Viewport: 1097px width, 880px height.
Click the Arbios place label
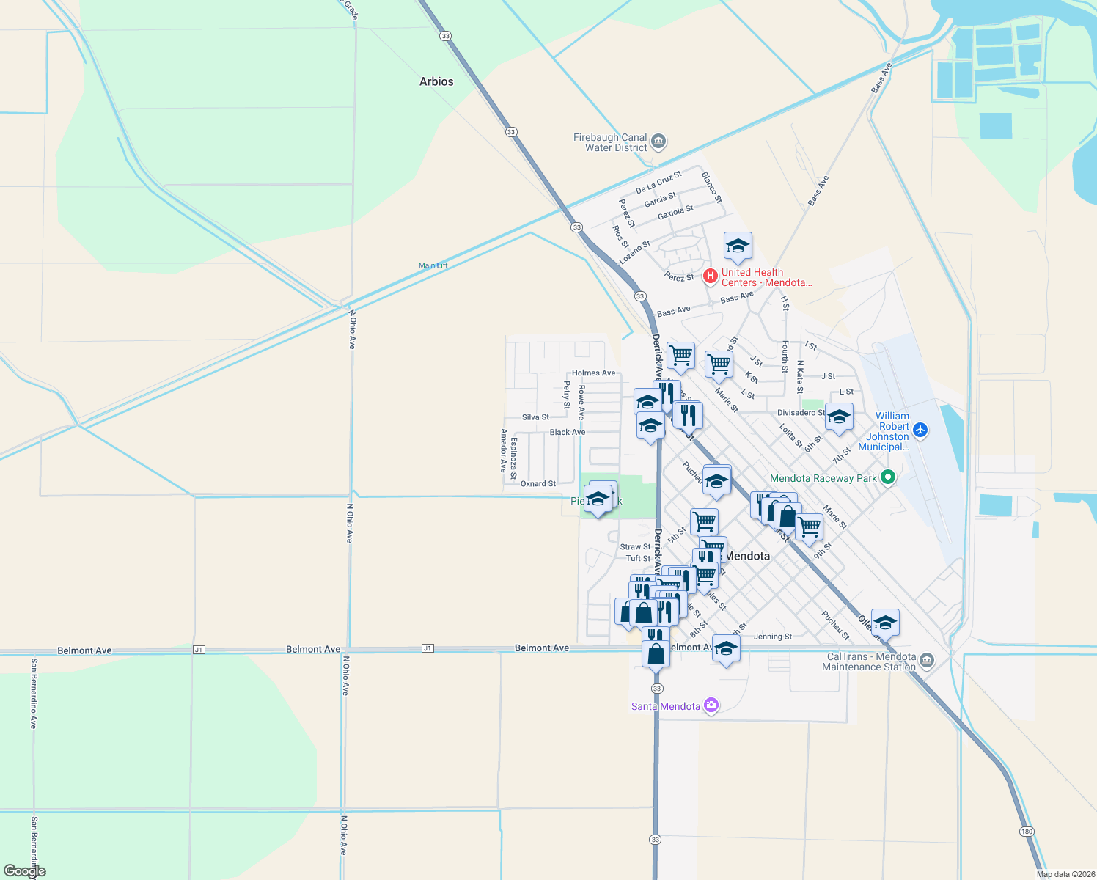(436, 81)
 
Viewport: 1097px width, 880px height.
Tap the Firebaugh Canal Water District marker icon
(658, 141)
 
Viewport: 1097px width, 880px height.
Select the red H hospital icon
(710, 276)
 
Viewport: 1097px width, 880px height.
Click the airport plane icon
(921, 430)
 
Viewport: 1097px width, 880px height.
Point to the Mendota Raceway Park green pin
(888, 477)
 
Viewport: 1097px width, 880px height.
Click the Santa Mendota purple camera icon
(711, 705)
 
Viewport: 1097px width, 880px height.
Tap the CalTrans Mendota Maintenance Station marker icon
(927, 661)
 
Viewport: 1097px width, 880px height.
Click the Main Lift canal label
(433, 265)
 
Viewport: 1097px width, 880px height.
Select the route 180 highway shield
(1027, 831)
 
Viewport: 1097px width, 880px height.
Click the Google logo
(24, 871)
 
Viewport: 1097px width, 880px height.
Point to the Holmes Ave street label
(593, 373)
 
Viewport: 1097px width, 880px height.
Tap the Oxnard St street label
(538, 484)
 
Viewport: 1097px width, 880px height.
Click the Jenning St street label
(773, 637)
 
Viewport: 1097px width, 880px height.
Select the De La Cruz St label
(658, 182)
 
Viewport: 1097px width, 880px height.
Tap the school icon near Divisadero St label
(839, 418)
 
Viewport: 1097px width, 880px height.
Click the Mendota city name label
(747, 556)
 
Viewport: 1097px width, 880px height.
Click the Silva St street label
(535, 417)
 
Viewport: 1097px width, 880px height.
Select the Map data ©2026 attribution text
(1063, 874)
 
